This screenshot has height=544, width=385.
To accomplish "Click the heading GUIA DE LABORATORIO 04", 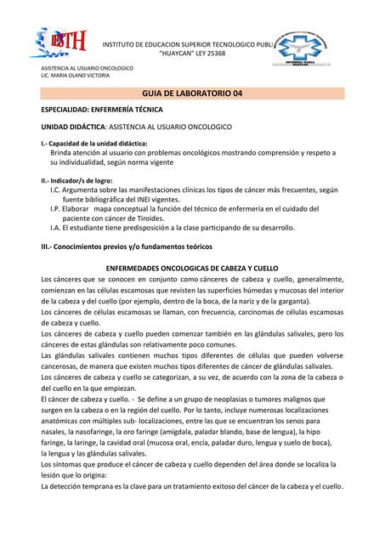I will pyautogui.click(x=193, y=93).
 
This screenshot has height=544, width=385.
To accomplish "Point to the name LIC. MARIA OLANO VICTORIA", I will pyautogui.click(x=76, y=75).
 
